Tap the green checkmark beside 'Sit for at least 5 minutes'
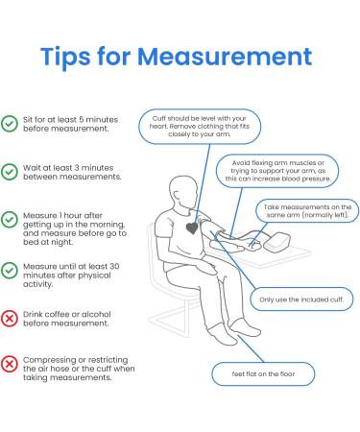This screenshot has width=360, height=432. pyautogui.click(x=10, y=123)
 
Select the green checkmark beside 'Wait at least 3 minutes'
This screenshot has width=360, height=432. pyautogui.click(x=10, y=171)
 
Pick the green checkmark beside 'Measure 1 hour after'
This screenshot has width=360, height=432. pyautogui.click(x=10, y=219)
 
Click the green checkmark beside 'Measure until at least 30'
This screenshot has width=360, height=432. pyautogui.click(x=10, y=274)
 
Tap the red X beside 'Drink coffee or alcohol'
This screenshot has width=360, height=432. pyautogui.click(x=10, y=318)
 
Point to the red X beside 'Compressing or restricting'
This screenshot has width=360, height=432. pyautogui.click(x=10, y=363)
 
